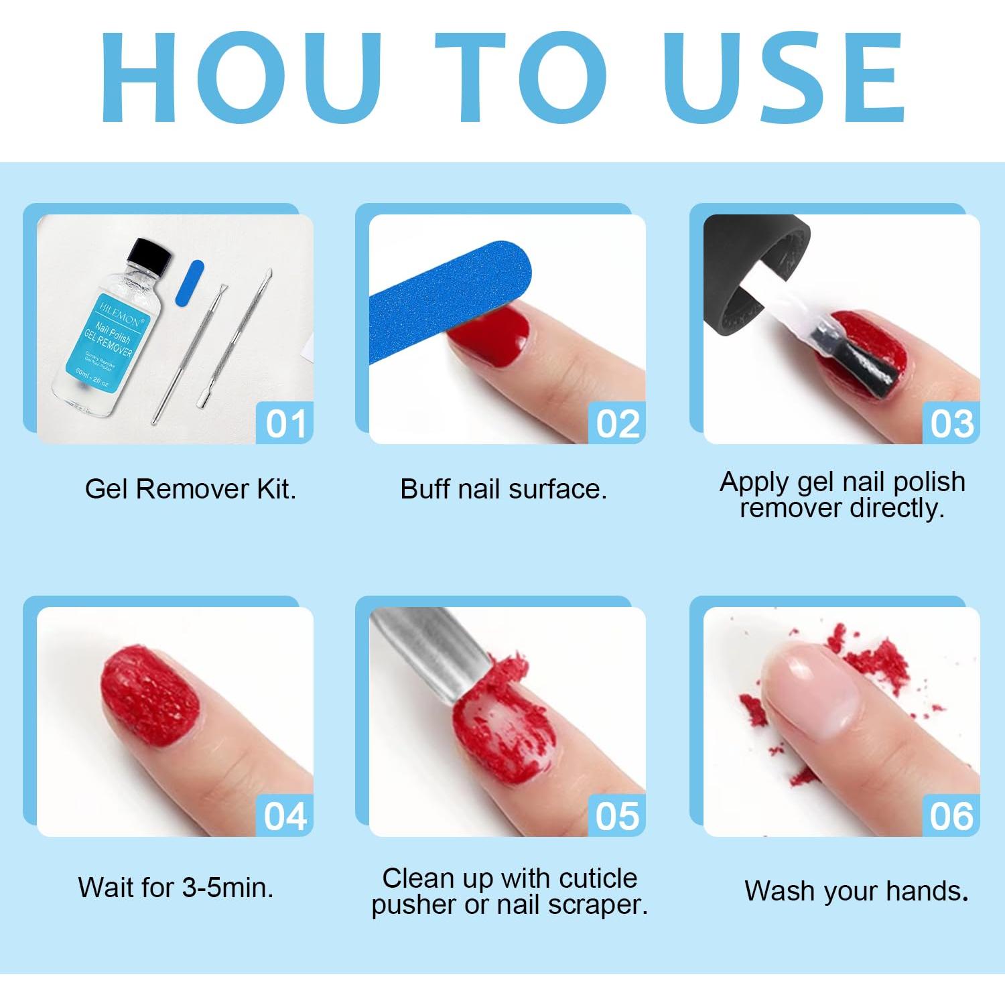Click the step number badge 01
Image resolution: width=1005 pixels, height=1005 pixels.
(x=285, y=423)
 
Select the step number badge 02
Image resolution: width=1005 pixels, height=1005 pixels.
(x=617, y=423)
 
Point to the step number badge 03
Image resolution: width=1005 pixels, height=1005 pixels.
(x=951, y=423)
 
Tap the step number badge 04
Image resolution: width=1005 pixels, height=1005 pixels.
(x=285, y=816)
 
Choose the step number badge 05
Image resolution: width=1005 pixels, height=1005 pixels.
(x=617, y=816)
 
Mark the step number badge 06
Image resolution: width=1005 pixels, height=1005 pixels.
(x=951, y=816)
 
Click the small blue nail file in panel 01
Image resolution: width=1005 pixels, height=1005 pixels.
(x=190, y=283)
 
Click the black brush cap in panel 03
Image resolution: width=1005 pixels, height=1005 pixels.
(x=750, y=268)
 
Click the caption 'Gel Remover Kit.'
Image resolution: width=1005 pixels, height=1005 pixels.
(x=190, y=489)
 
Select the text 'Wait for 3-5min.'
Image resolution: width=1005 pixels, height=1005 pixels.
(x=176, y=888)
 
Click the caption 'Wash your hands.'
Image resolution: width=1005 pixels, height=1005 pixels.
(x=856, y=891)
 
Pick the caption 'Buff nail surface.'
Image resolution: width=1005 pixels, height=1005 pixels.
(x=503, y=489)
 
